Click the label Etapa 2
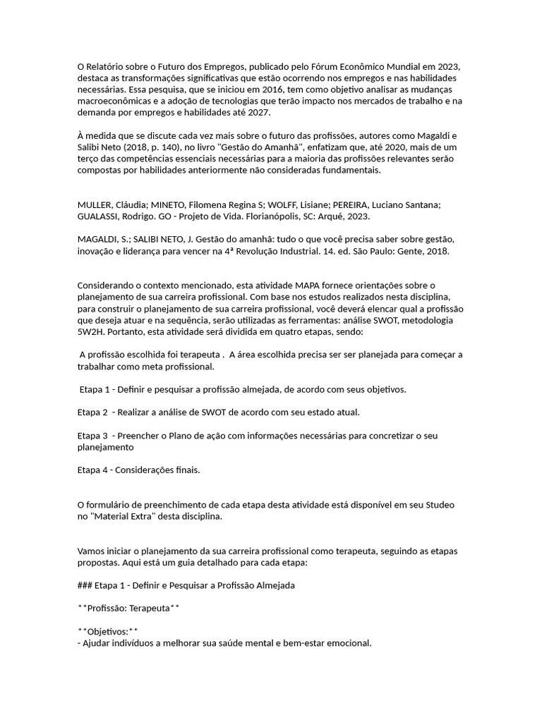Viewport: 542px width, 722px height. (x=92, y=412)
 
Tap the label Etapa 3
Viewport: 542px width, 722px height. (x=92, y=436)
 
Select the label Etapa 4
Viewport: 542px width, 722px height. (x=92, y=470)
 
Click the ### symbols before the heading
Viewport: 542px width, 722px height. (x=85, y=585)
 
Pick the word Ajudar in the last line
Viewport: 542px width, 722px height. (x=97, y=642)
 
